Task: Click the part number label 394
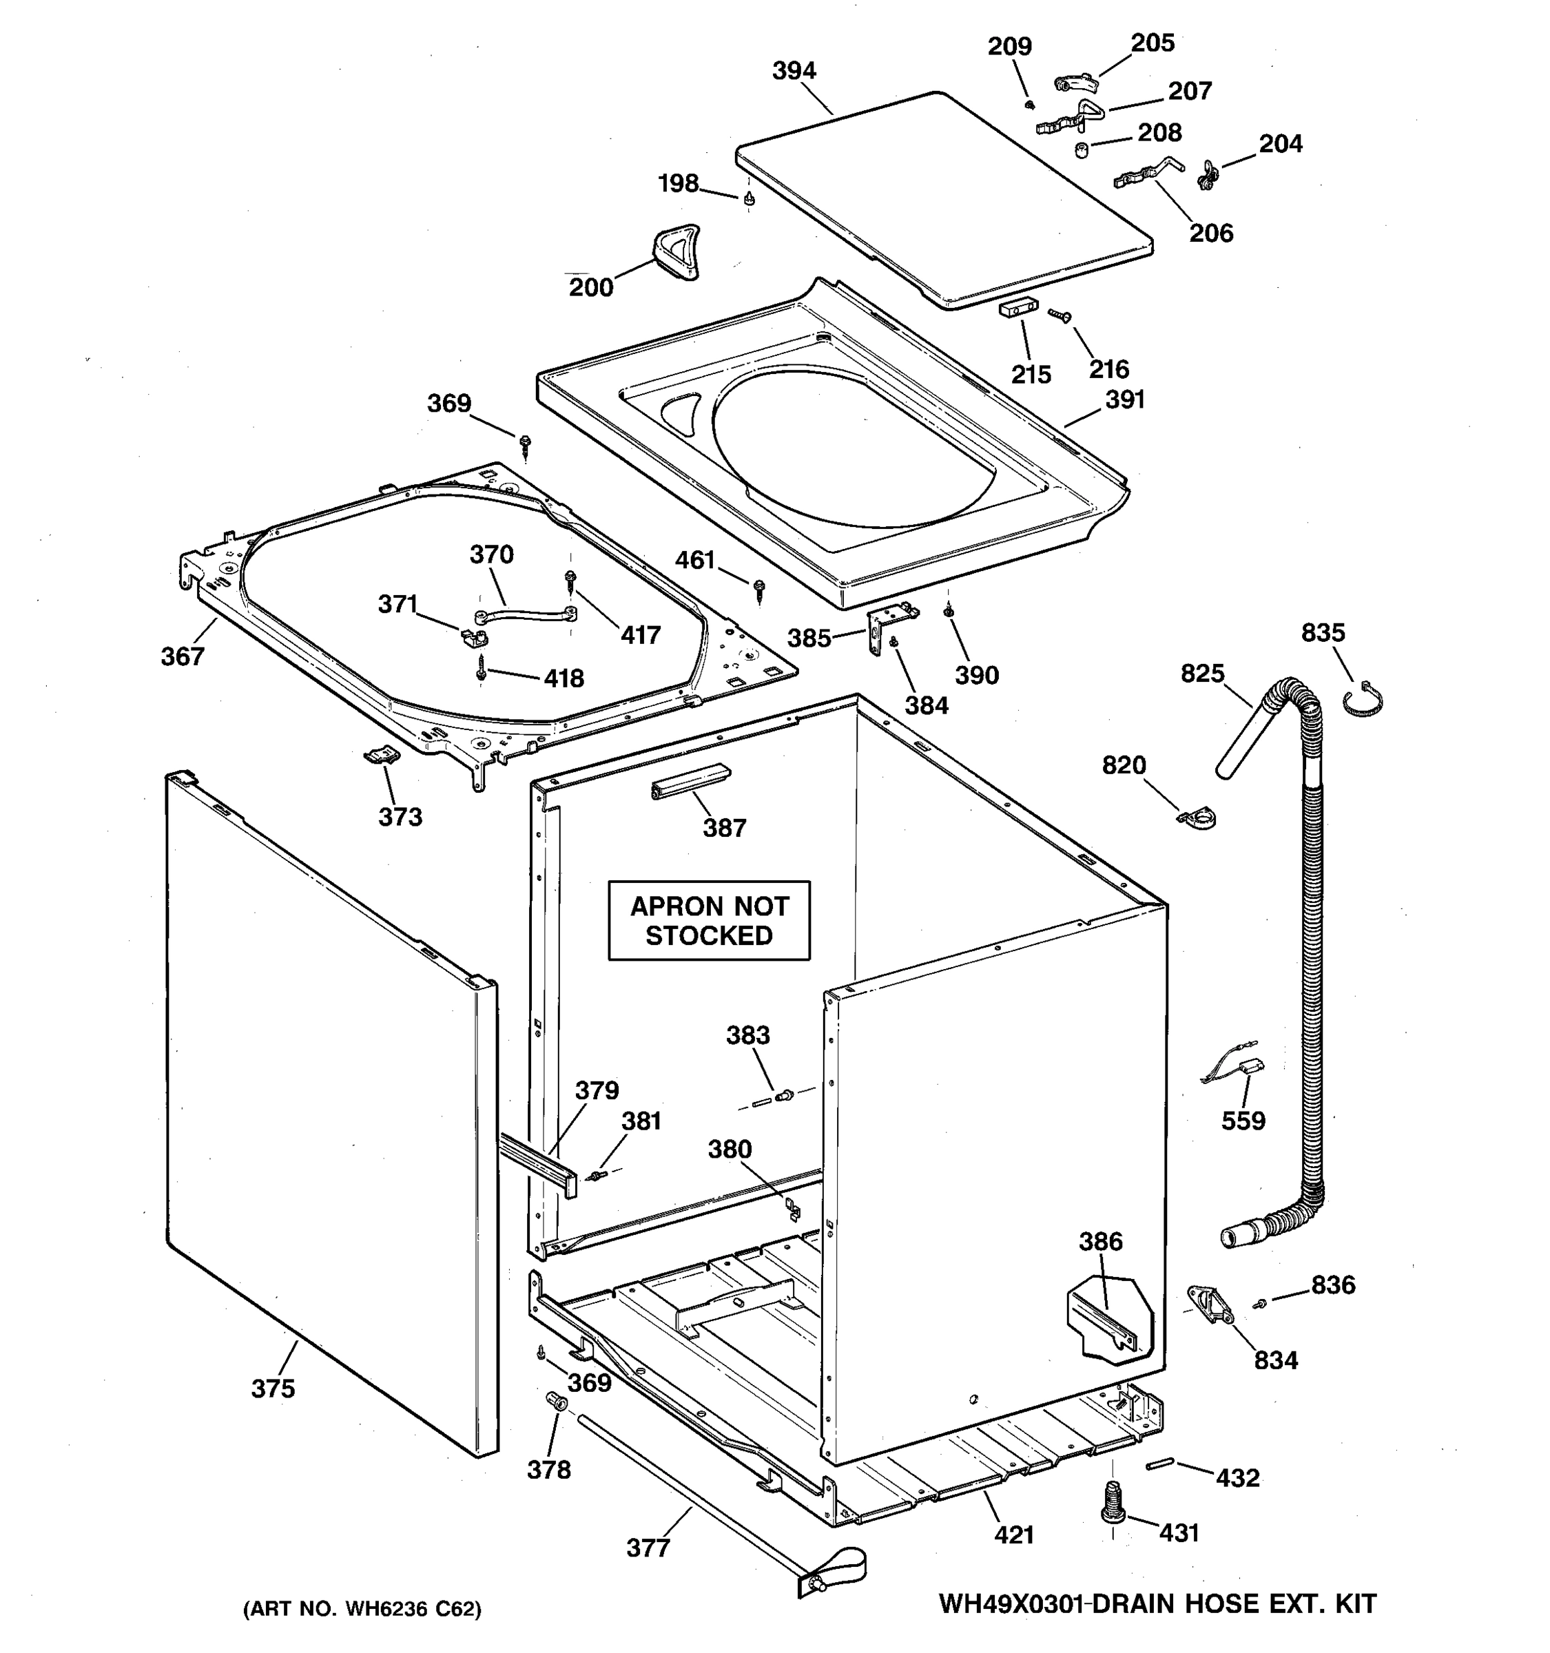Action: point(794,72)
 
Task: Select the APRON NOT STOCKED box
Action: point(708,920)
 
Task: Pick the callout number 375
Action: point(273,1388)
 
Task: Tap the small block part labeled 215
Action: point(1017,309)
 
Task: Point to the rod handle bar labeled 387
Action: point(690,781)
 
